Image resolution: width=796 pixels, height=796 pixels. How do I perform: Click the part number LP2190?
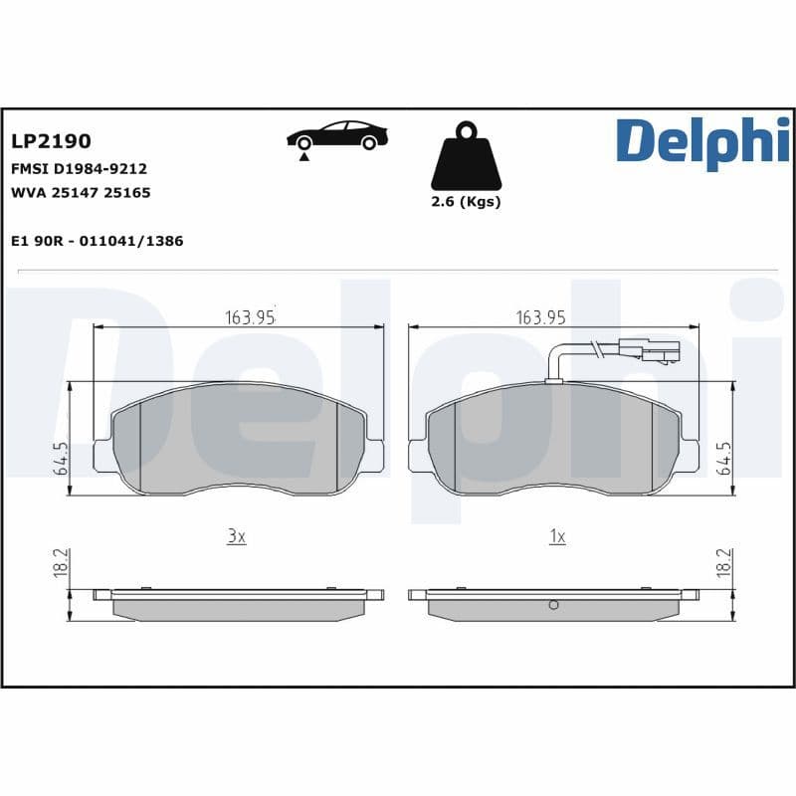click(x=51, y=142)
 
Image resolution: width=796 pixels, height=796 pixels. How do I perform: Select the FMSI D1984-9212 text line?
click(x=79, y=169)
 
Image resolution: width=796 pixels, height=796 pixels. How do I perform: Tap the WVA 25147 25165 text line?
click(x=81, y=193)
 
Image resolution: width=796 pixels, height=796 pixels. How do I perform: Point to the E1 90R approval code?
click(x=97, y=241)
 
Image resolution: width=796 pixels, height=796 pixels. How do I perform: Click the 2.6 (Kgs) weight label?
click(x=465, y=202)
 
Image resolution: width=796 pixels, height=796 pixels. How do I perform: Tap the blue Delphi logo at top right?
click(x=702, y=141)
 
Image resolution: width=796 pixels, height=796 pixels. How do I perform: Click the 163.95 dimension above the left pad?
click(x=249, y=317)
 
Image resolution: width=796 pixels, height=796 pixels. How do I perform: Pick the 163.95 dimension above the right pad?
click(x=540, y=317)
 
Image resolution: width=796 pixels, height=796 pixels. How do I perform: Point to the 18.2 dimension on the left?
click(x=61, y=562)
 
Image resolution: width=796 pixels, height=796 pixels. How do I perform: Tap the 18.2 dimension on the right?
click(x=723, y=562)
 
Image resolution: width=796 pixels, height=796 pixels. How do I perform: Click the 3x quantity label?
click(x=235, y=536)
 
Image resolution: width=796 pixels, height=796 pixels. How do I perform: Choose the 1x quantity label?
click(x=557, y=536)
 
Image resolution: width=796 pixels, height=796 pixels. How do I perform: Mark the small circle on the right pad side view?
click(x=554, y=605)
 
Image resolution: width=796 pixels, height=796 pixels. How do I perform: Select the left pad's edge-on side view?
click(x=239, y=604)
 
